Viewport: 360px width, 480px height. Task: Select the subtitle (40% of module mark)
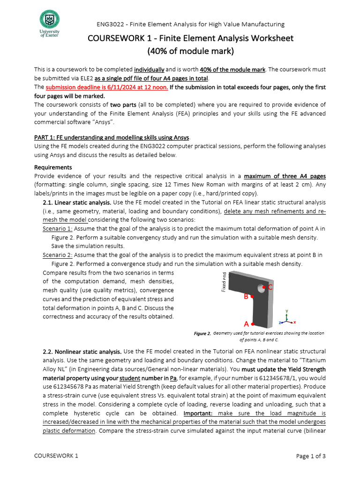coord(190,51)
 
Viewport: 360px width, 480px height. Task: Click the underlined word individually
coord(149,69)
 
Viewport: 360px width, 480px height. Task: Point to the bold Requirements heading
coord(53,167)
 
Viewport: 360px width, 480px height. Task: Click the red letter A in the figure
coord(246,324)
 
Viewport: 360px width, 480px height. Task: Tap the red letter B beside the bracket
coord(246,297)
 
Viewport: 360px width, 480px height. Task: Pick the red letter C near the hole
coord(270,286)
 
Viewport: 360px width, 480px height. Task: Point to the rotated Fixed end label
coord(225,282)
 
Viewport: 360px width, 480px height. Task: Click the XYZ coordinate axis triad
coord(286,318)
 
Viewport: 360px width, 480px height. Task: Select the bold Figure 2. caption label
coord(202,333)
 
